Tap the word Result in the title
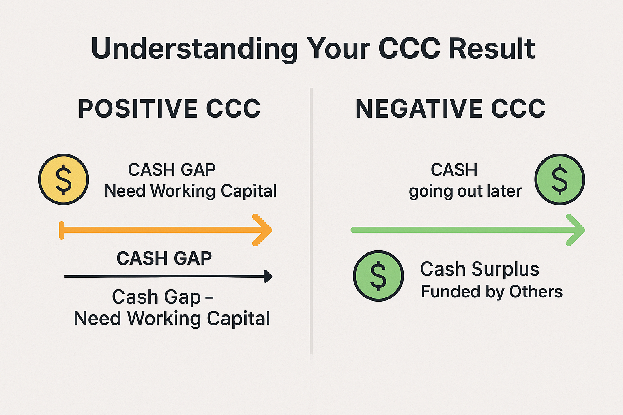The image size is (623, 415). (492, 48)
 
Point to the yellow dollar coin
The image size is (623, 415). (63, 180)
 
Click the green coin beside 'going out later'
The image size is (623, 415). (560, 180)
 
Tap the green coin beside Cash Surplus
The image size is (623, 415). (378, 276)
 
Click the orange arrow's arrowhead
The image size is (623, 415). (263, 230)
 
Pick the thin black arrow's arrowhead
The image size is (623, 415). (268, 276)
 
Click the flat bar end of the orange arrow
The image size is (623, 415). (62, 230)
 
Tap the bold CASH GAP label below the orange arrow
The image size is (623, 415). (164, 259)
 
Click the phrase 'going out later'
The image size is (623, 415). (465, 192)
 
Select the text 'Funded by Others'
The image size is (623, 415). (492, 292)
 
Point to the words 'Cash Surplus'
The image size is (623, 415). (480, 269)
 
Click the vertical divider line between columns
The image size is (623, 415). (311, 221)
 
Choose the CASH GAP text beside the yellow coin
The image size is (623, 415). (172, 170)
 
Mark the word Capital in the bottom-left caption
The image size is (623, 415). (238, 319)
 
